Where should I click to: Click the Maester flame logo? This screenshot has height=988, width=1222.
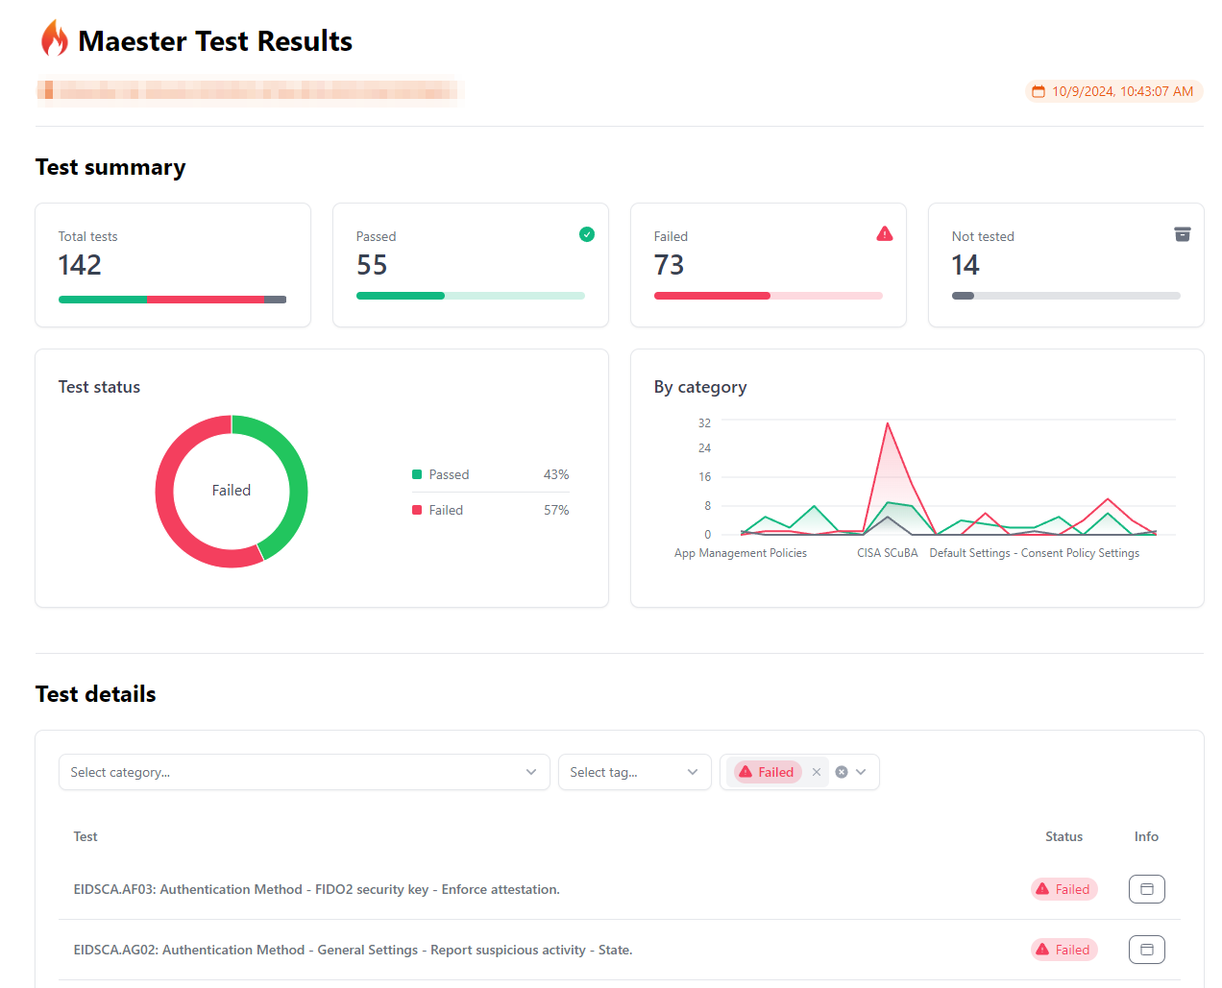(x=55, y=39)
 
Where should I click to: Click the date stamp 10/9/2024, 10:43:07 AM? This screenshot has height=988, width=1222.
(x=1113, y=91)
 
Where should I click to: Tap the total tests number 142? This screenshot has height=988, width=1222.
(x=80, y=265)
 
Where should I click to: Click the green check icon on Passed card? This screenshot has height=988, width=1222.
(x=587, y=234)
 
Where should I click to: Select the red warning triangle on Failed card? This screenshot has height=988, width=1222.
(x=885, y=233)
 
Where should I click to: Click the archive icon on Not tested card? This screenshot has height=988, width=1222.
(x=1183, y=234)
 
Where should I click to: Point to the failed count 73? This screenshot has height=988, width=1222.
(x=669, y=265)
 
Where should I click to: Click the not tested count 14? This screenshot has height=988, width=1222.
(x=965, y=265)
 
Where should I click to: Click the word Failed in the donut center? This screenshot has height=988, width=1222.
(x=232, y=491)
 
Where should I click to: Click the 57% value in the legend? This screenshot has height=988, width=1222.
(x=556, y=510)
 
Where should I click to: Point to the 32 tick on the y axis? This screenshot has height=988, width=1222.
(x=704, y=422)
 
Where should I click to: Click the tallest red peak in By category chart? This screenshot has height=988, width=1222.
(x=888, y=423)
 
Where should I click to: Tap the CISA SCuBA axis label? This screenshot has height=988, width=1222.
(x=887, y=553)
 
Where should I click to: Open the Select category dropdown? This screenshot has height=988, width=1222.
(x=304, y=772)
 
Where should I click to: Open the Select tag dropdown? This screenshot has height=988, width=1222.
(x=634, y=772)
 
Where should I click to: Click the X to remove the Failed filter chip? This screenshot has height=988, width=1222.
(x=817, y=772)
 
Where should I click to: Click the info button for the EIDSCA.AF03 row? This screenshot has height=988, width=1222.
(x=1146, y=889)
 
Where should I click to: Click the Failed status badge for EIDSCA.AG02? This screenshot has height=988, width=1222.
(x=1064, y=950)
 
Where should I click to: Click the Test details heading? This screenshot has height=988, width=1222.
(x=96, y=694)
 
